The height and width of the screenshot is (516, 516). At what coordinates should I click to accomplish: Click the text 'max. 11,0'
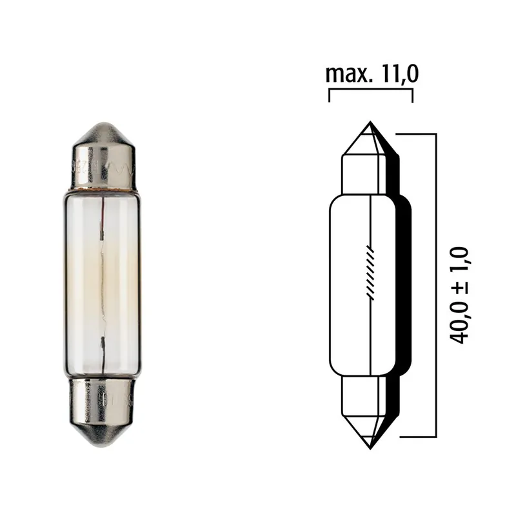(372, 74)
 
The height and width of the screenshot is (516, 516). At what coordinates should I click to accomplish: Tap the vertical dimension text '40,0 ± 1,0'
(459, 293)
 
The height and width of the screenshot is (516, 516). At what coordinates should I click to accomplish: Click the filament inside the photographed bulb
(103, 277)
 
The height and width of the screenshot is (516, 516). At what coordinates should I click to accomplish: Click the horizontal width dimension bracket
(371, 91)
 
